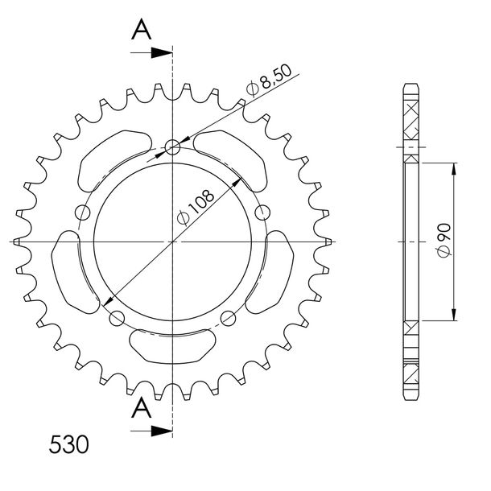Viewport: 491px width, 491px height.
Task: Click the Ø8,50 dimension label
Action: (269, 80)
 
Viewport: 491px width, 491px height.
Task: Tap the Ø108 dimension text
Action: (196, 207)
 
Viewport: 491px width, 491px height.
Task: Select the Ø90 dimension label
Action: (444, 241)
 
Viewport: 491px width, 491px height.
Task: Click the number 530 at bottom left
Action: (69, 444)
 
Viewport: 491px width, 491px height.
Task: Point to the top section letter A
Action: (141, 29)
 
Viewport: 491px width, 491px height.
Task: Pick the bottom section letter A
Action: (141, 407)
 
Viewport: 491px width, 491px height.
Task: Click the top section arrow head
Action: (162, 53)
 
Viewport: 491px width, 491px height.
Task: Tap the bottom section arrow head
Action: (162, 431)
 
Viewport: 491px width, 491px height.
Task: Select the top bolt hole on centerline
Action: (172, 147)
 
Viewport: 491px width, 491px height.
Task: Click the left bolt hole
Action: (83, 212)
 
